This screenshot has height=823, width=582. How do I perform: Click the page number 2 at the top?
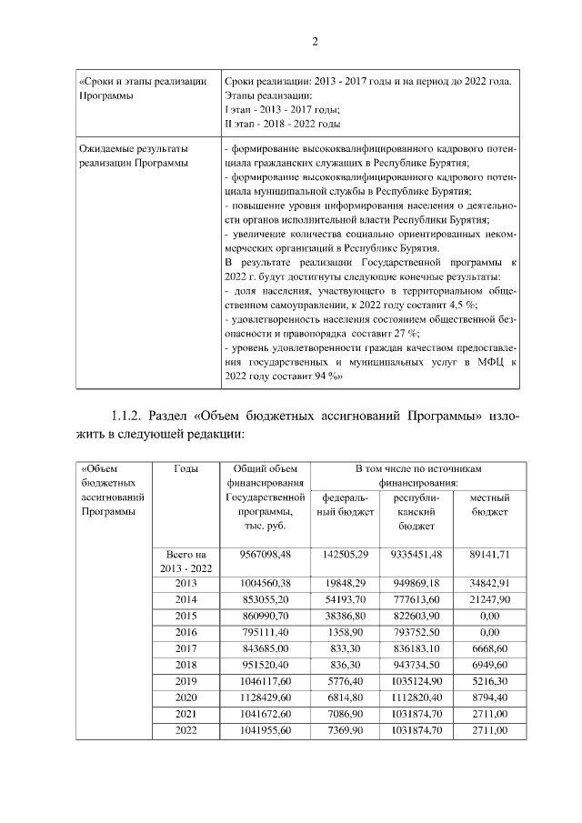tap(315, 42)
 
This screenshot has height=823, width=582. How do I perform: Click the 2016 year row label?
tap(186, 631)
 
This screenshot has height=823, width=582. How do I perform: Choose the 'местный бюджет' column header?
tap(488, 506)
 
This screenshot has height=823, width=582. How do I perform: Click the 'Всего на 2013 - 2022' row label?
tap(186, 561)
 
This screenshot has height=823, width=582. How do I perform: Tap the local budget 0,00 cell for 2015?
tap(488, 615)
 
